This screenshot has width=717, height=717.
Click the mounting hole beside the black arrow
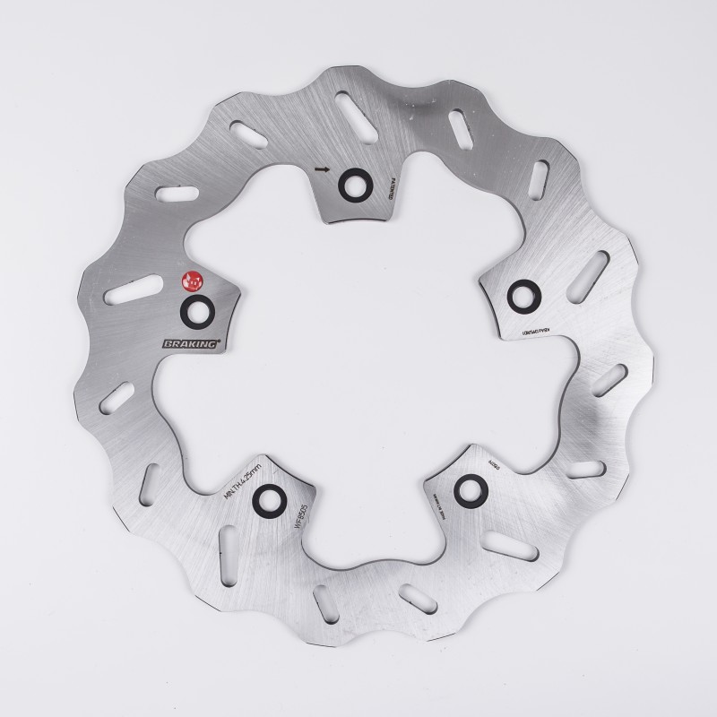pos(350,184)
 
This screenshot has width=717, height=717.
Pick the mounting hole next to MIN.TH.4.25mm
pos(268,499)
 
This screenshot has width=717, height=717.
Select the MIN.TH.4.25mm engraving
pos(242,476)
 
